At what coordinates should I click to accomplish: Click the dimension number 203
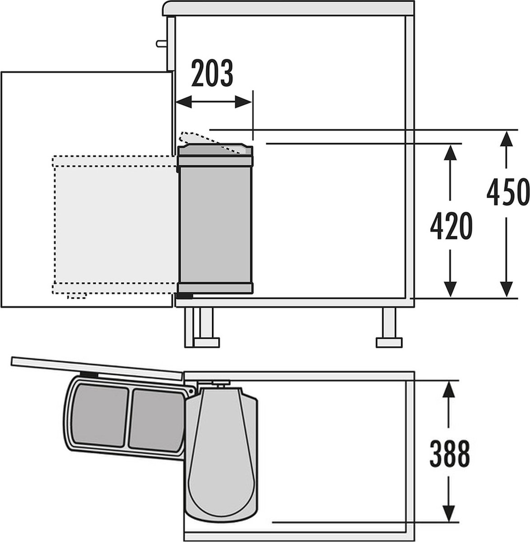(x=212, y=73)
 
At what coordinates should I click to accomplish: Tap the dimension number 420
(x=451, y=226)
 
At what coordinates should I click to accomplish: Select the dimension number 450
(x=508, y=192)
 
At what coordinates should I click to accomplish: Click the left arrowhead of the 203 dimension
(x=184, y=102)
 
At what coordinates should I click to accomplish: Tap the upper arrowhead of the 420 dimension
(x=450, y=152)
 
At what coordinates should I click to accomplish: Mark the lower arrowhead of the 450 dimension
(x=507, y=290)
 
